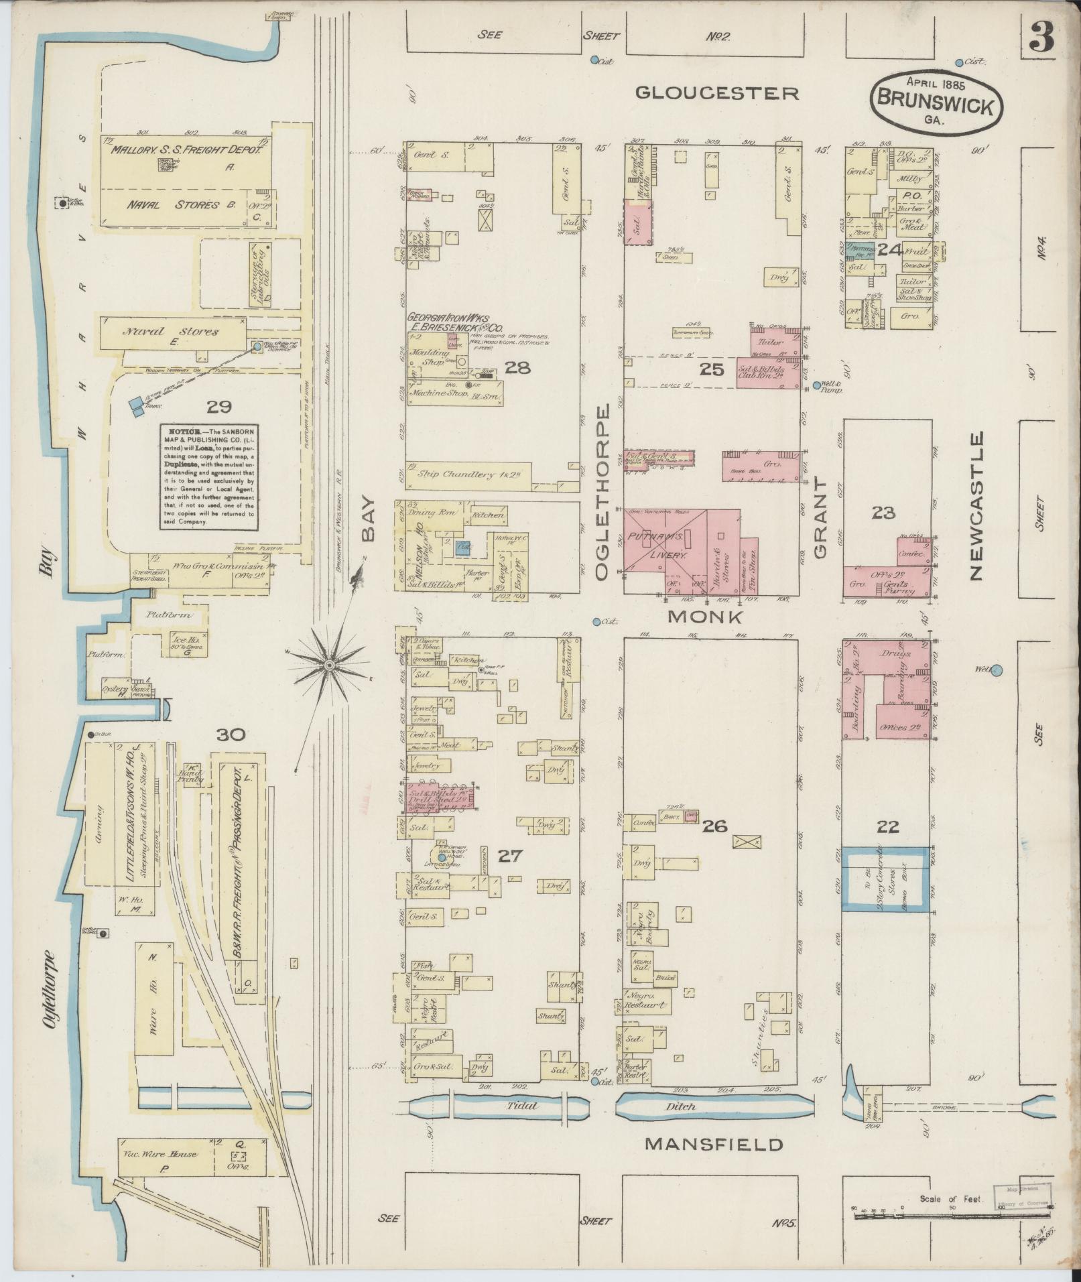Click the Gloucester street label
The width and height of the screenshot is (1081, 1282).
717,93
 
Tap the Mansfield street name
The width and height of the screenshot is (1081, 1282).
714,1144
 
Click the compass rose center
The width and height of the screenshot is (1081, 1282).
328,664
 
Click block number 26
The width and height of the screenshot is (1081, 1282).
714,826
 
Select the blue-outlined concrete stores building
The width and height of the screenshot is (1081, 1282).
886,879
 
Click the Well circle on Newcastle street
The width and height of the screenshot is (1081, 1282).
996,669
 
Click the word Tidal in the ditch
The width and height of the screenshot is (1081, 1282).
523,1106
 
